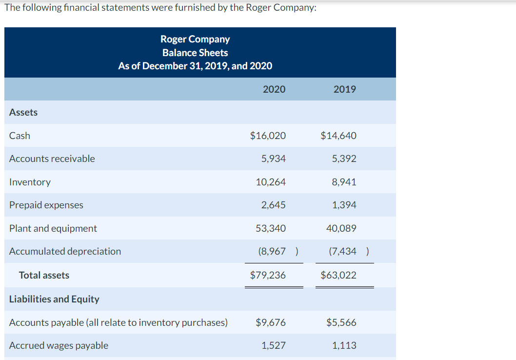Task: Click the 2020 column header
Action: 274,89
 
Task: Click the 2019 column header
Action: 344,89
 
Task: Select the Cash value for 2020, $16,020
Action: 268,136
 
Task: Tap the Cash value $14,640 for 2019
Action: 338,136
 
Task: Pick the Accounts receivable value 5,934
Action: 274,159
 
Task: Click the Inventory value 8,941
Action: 344,182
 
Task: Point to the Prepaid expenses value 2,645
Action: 274,205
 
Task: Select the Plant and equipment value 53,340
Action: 271,228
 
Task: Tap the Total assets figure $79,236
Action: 268,275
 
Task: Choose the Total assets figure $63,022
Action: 338,275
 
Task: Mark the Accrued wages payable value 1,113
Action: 344,345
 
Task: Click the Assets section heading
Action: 23,112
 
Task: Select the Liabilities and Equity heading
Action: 54,299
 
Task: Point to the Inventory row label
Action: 30,182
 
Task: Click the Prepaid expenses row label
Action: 46,205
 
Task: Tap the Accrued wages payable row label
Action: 59,345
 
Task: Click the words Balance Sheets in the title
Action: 195,53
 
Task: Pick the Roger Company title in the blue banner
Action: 195,39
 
